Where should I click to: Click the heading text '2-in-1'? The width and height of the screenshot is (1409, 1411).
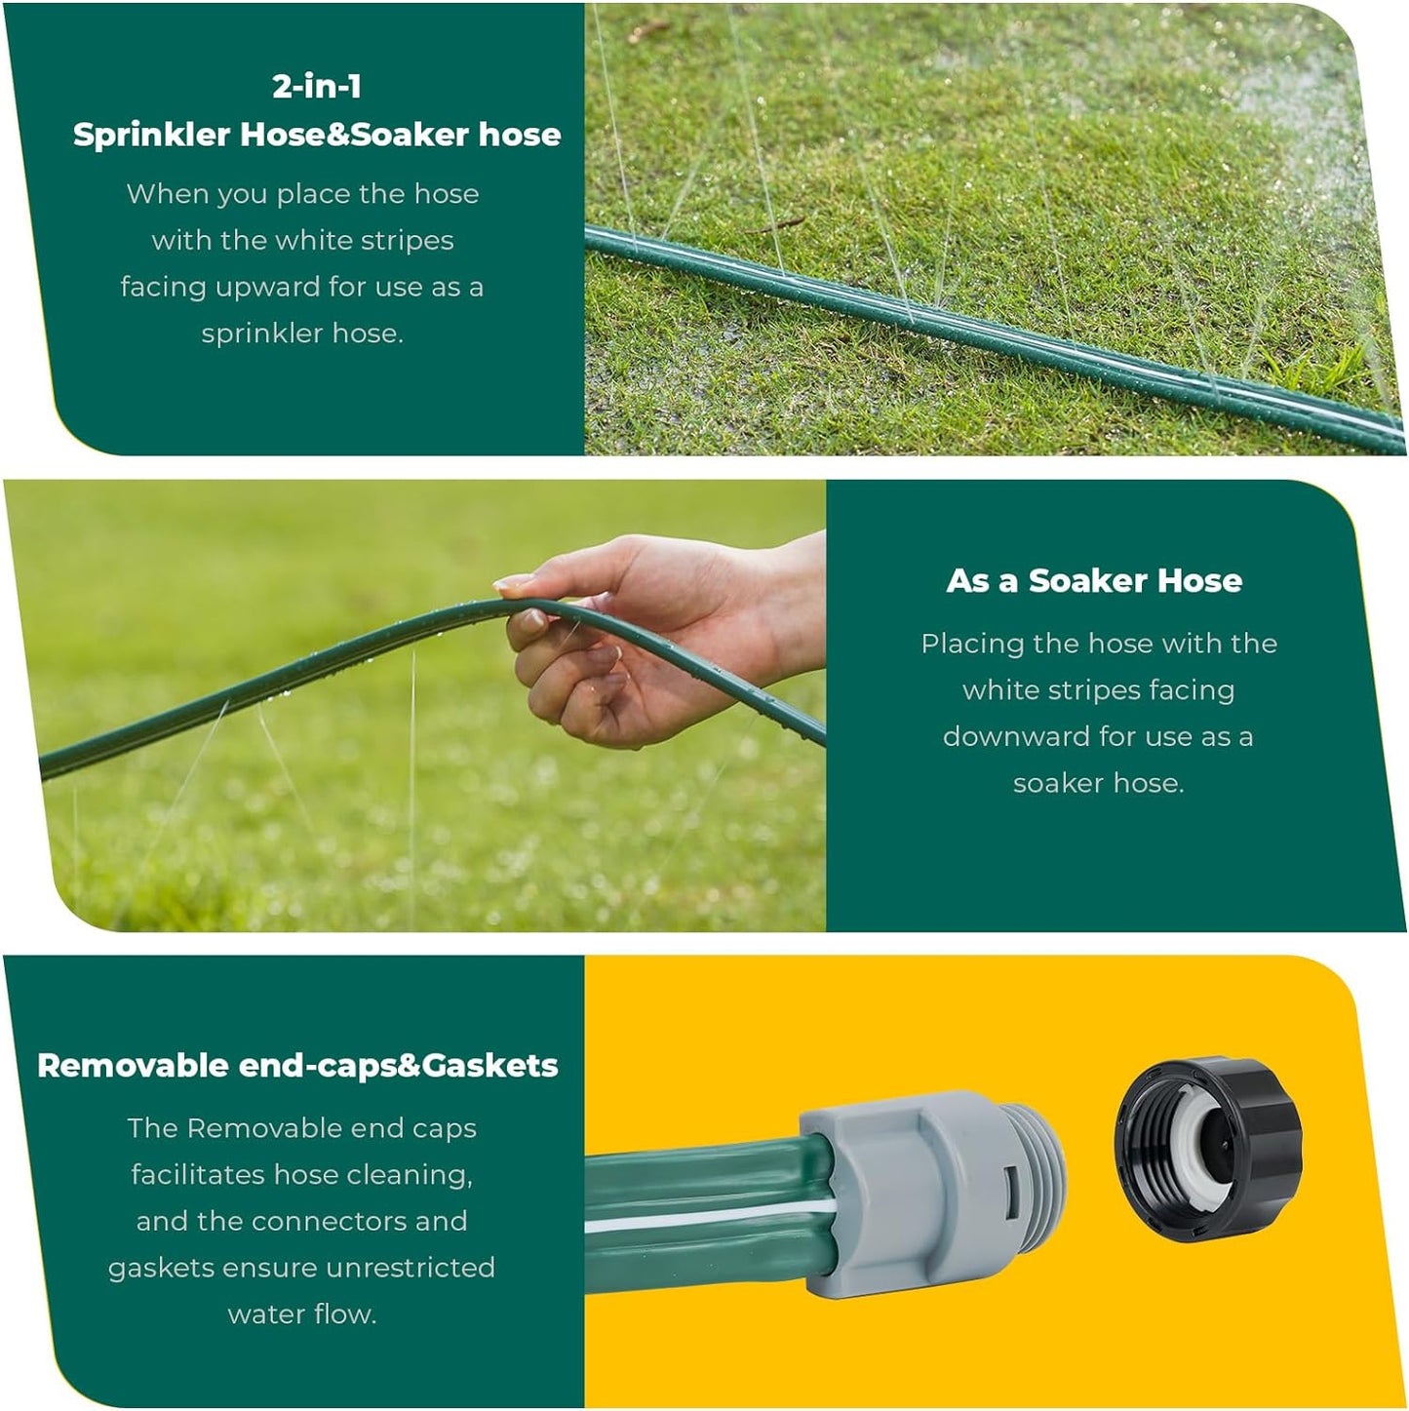pos(317,87)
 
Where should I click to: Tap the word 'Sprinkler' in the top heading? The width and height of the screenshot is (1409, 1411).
pos(152,135)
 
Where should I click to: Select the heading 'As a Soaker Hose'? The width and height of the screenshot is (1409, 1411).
pos(1094,581)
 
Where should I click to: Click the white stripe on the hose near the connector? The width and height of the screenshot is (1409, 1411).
pos(702,1222)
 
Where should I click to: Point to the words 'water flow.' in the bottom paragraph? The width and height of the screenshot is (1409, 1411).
pos(302,1314)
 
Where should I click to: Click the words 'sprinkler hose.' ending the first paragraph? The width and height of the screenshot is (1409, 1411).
pos(302,333)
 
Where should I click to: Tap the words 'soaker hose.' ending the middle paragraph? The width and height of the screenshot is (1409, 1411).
pos(1098,783)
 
